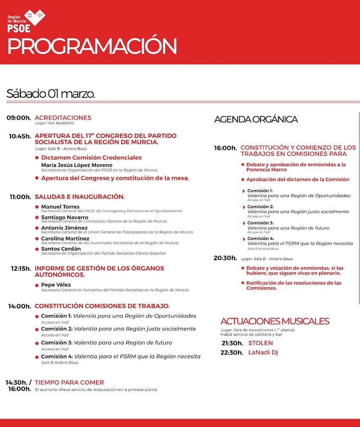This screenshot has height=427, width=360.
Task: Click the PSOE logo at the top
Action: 26,21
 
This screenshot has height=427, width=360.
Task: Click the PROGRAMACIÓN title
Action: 92,46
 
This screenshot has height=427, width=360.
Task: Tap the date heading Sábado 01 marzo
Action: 50,94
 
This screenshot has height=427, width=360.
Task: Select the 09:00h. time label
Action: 19,118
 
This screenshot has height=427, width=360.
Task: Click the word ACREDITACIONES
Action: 63,118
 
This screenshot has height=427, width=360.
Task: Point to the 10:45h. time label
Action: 20,136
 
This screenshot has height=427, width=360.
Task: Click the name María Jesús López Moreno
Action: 77,165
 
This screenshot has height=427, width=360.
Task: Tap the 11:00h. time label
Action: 19,197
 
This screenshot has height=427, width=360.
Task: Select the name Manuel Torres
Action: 60,207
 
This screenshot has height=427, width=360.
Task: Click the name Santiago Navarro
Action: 65,217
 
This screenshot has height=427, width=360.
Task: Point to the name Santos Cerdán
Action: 61,249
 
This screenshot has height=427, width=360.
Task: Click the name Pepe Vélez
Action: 56,285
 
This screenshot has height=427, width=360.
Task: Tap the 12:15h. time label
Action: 19,269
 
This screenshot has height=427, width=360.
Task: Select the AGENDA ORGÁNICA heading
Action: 256,119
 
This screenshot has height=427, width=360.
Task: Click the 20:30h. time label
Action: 225,258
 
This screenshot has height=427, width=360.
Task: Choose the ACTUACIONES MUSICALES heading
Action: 275,321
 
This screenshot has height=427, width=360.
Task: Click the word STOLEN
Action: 260,343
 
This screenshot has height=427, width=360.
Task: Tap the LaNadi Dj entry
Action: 263,352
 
